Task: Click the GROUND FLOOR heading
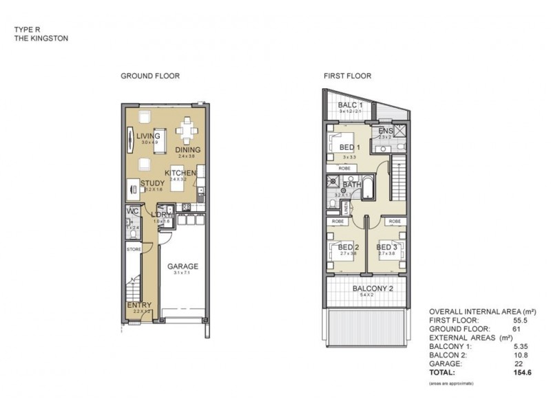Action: pos(150,76)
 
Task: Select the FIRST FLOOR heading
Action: pos(347,76)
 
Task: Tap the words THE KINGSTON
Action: pos(41,39)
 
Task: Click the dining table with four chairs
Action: pos(187,129)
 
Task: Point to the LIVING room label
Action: pos(148,136)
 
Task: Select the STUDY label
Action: pos(152,183)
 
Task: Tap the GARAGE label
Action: pos(183,266)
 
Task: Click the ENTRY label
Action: pos(140,305)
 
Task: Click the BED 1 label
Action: pos(349,147)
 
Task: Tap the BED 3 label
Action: pos(386,247)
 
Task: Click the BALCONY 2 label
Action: pos(373,288)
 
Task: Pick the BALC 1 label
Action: pos(351,105)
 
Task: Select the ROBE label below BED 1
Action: pos(346,168)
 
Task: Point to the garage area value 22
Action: pos(519,363)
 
